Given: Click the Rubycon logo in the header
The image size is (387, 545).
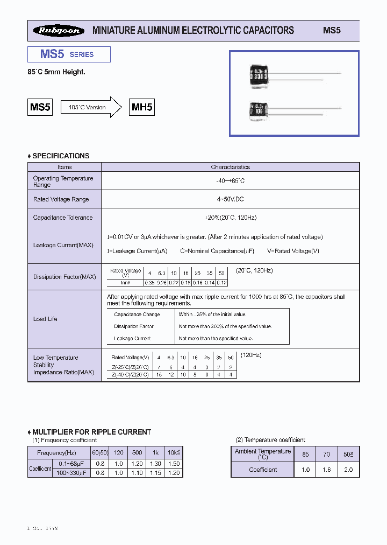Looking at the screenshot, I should click(59, 31).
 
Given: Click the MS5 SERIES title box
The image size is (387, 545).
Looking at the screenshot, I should click(69, 54).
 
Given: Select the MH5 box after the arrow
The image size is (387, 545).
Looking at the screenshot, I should click(142, 107).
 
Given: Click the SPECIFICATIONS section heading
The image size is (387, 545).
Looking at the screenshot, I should click(59, 156).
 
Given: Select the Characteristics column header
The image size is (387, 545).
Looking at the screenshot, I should click(230, 167).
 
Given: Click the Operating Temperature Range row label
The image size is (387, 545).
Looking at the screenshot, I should click(63, 181).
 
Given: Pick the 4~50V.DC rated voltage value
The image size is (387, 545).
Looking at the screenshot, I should click(230, 199).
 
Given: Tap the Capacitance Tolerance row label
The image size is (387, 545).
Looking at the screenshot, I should click(63, 218).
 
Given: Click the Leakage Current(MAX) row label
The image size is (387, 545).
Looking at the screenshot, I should click(63, 245).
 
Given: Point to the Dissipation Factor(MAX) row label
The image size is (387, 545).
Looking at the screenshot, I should click(64, 277).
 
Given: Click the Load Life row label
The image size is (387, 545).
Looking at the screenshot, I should click(45, 319).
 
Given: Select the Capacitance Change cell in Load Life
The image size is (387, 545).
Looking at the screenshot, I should click(137, 315).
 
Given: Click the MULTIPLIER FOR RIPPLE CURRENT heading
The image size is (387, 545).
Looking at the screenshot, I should click(89, 432).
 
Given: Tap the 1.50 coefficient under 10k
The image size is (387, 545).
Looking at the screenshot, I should click(174, 464).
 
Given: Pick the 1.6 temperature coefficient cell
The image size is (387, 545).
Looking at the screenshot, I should click(326, 470).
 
